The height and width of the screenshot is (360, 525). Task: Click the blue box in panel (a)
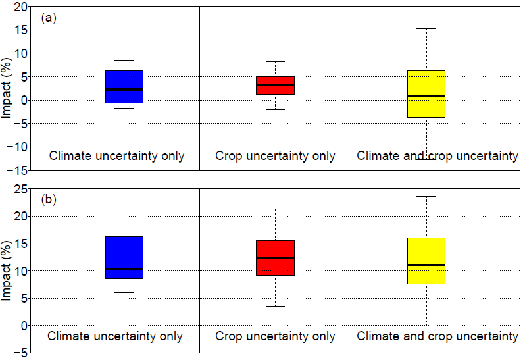124,86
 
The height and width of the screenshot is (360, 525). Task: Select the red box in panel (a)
275,86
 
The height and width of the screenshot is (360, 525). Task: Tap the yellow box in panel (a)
426,93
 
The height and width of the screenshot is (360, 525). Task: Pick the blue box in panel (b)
124,257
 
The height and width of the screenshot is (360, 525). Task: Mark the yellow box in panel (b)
426,261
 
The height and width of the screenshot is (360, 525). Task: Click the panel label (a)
49,18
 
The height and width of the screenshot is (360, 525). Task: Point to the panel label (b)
49,199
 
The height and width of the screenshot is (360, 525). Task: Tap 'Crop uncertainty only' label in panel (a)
275,156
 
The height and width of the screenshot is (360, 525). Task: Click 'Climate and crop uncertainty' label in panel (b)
438,336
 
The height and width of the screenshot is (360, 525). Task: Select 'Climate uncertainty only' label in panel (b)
115,336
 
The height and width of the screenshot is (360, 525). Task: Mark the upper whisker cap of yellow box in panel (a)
426,29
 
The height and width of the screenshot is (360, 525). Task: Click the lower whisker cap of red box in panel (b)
275,306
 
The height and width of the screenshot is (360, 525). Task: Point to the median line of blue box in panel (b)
124,269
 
